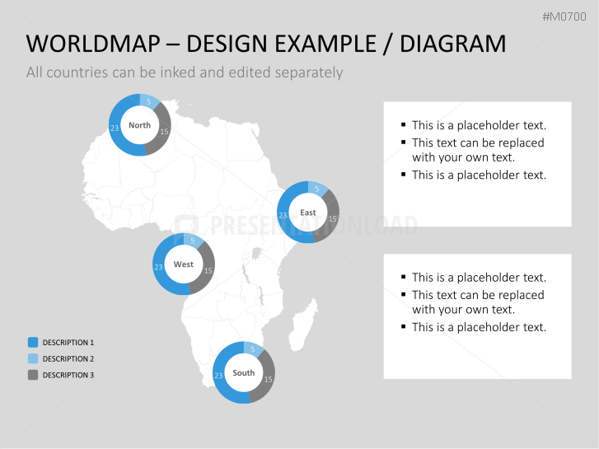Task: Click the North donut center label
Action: point(139,125)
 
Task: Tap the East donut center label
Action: point(308,213)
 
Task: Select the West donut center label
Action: point(184,264)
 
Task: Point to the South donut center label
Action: point(244,372)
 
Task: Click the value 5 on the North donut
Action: point(149,101)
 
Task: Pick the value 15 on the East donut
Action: point(332,219)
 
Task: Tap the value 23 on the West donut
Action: point(158,268)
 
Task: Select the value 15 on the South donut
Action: point(268,379)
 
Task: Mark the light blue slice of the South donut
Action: point(253,348)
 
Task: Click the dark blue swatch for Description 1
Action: point(33,342)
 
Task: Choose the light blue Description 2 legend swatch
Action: point(33,358)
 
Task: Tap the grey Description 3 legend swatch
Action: point(33,375)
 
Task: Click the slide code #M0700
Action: point(564,16)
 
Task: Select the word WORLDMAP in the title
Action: point(93,44)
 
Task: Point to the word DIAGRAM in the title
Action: point(452,44)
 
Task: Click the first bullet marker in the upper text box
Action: point(404,124)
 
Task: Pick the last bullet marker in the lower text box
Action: point(404,326)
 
